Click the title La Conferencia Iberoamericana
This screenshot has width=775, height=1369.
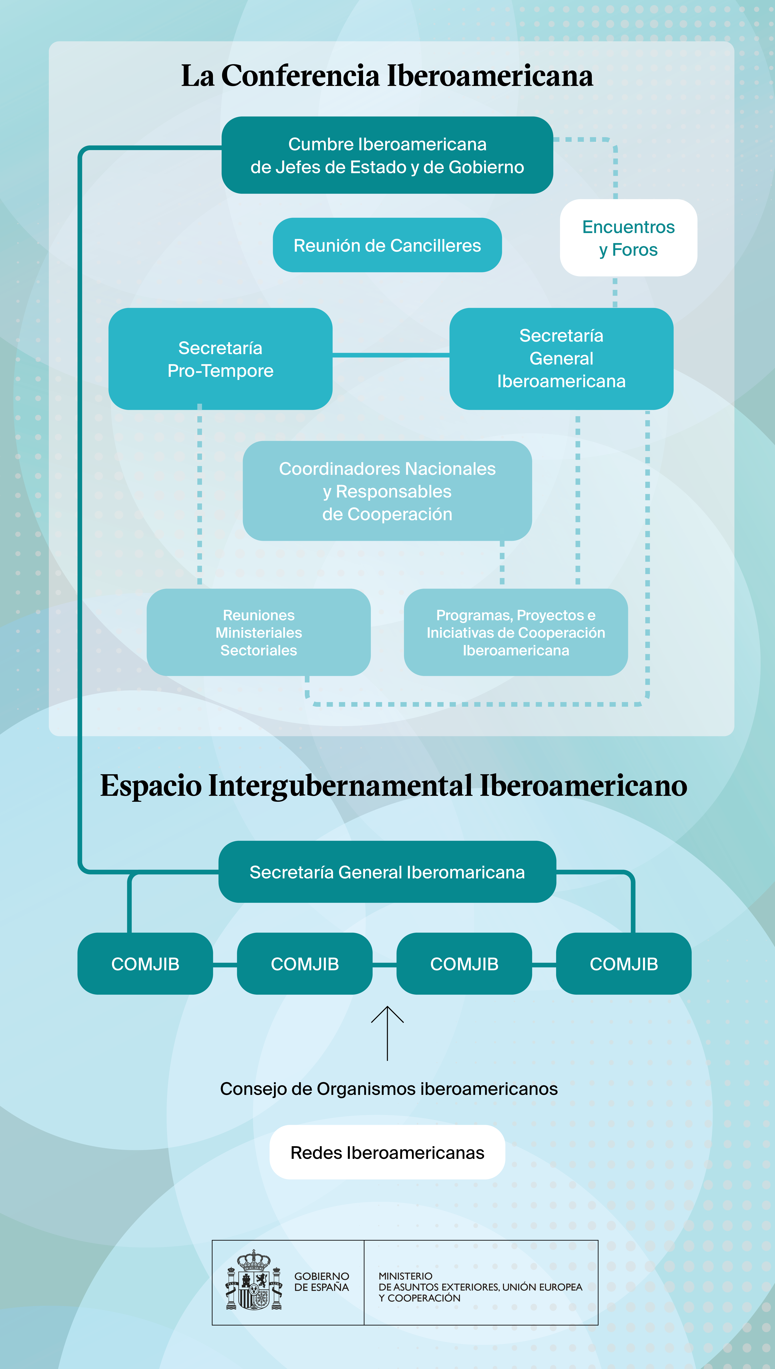[387, 76]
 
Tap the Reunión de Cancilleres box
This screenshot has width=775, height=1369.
[387, 245]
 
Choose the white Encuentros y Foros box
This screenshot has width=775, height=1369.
[628, 238]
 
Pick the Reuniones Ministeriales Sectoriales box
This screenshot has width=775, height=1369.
[259, 632]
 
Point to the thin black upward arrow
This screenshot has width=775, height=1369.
[387, 1033]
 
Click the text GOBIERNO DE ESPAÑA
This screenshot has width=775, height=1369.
[322, 1282]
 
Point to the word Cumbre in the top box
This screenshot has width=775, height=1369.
[321, 144]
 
